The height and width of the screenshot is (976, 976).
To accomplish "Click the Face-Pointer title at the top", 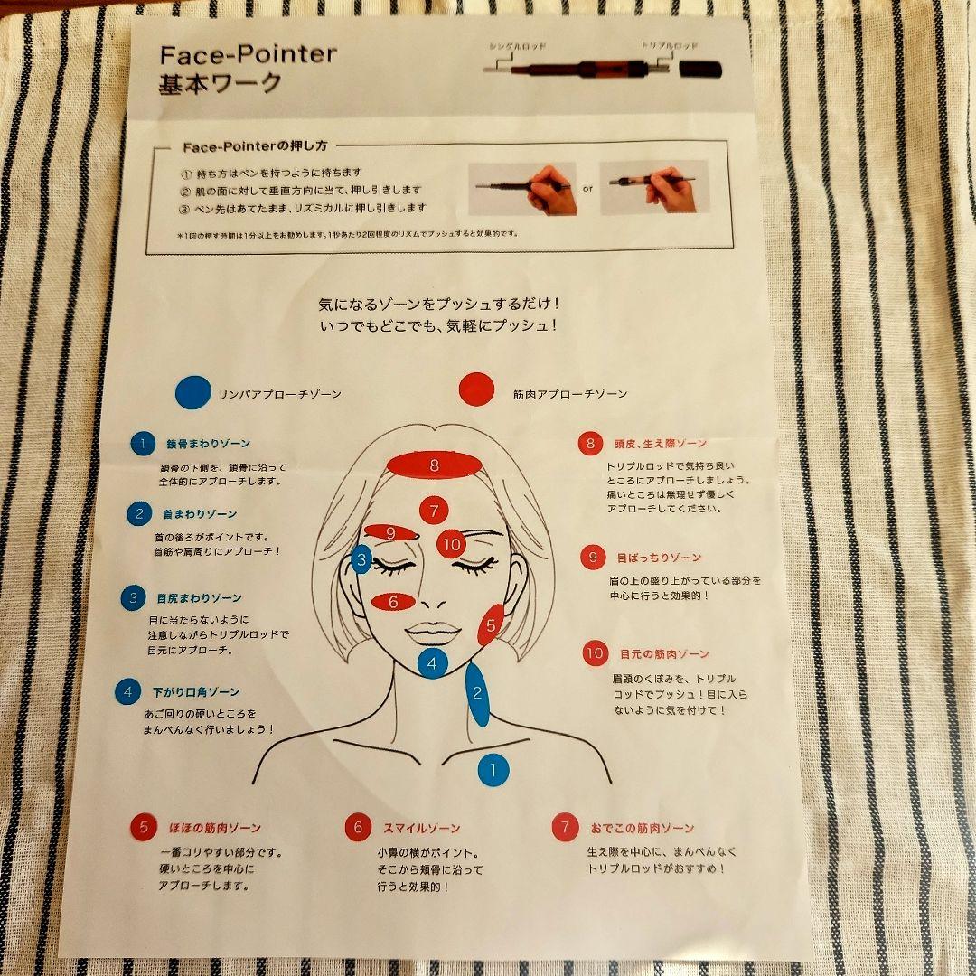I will coord(248,54).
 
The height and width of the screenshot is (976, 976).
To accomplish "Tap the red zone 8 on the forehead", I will coord(434,465).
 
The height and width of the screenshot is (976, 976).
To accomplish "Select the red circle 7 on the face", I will coord(434,511).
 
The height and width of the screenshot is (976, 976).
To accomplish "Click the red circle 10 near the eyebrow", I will coord(452,543).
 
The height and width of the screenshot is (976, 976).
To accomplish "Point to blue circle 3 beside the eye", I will coord(361,560).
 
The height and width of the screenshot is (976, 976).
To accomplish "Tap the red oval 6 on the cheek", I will coord(393,601).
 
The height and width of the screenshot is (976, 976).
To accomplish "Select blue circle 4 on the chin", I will coord(433,664).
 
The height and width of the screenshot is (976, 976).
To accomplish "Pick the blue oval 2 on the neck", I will coord(477,694).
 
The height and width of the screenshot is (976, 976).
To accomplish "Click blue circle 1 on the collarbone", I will coord(493,770).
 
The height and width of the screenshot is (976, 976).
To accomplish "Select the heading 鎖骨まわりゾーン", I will coord(207,444).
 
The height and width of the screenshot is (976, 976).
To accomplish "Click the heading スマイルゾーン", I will coord(421,827).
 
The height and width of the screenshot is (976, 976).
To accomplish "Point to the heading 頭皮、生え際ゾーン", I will coord(662,444).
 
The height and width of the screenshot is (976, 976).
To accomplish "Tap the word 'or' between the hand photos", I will coord(587,189).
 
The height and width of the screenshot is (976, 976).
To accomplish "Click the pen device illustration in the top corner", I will coord(596,68).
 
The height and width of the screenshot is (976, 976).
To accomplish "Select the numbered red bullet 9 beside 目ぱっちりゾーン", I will coord(592,558).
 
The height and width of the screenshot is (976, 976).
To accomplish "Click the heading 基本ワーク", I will coord(221,84).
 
